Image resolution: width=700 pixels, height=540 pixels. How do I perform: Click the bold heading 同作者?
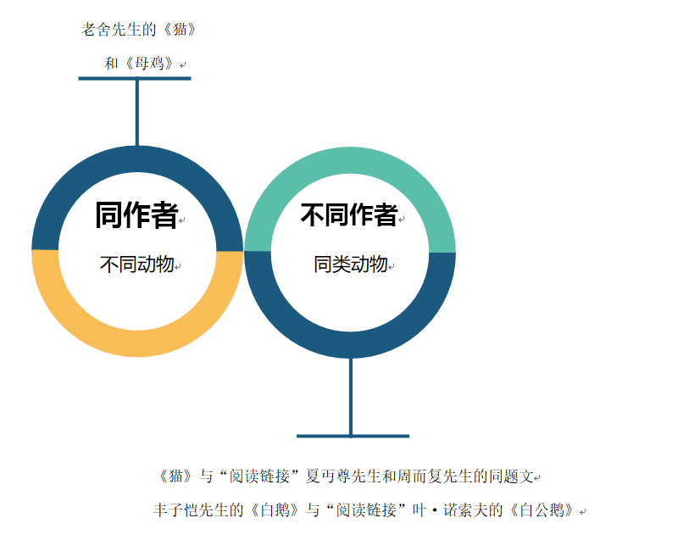coord(136,215)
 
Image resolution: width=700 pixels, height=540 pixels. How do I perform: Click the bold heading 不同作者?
coord(348,215)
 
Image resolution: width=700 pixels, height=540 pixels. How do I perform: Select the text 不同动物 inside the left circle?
coord(136,264)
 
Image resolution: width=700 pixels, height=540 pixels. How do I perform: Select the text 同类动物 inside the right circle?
coord(350,264)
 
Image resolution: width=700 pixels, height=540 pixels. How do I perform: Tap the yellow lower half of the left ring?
coord(137,342)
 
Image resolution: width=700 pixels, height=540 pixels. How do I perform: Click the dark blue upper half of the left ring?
coord(137,161)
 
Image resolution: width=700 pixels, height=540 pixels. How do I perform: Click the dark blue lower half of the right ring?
coord(350,343)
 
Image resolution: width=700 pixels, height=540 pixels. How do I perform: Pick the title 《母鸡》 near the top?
coord(148,63)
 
